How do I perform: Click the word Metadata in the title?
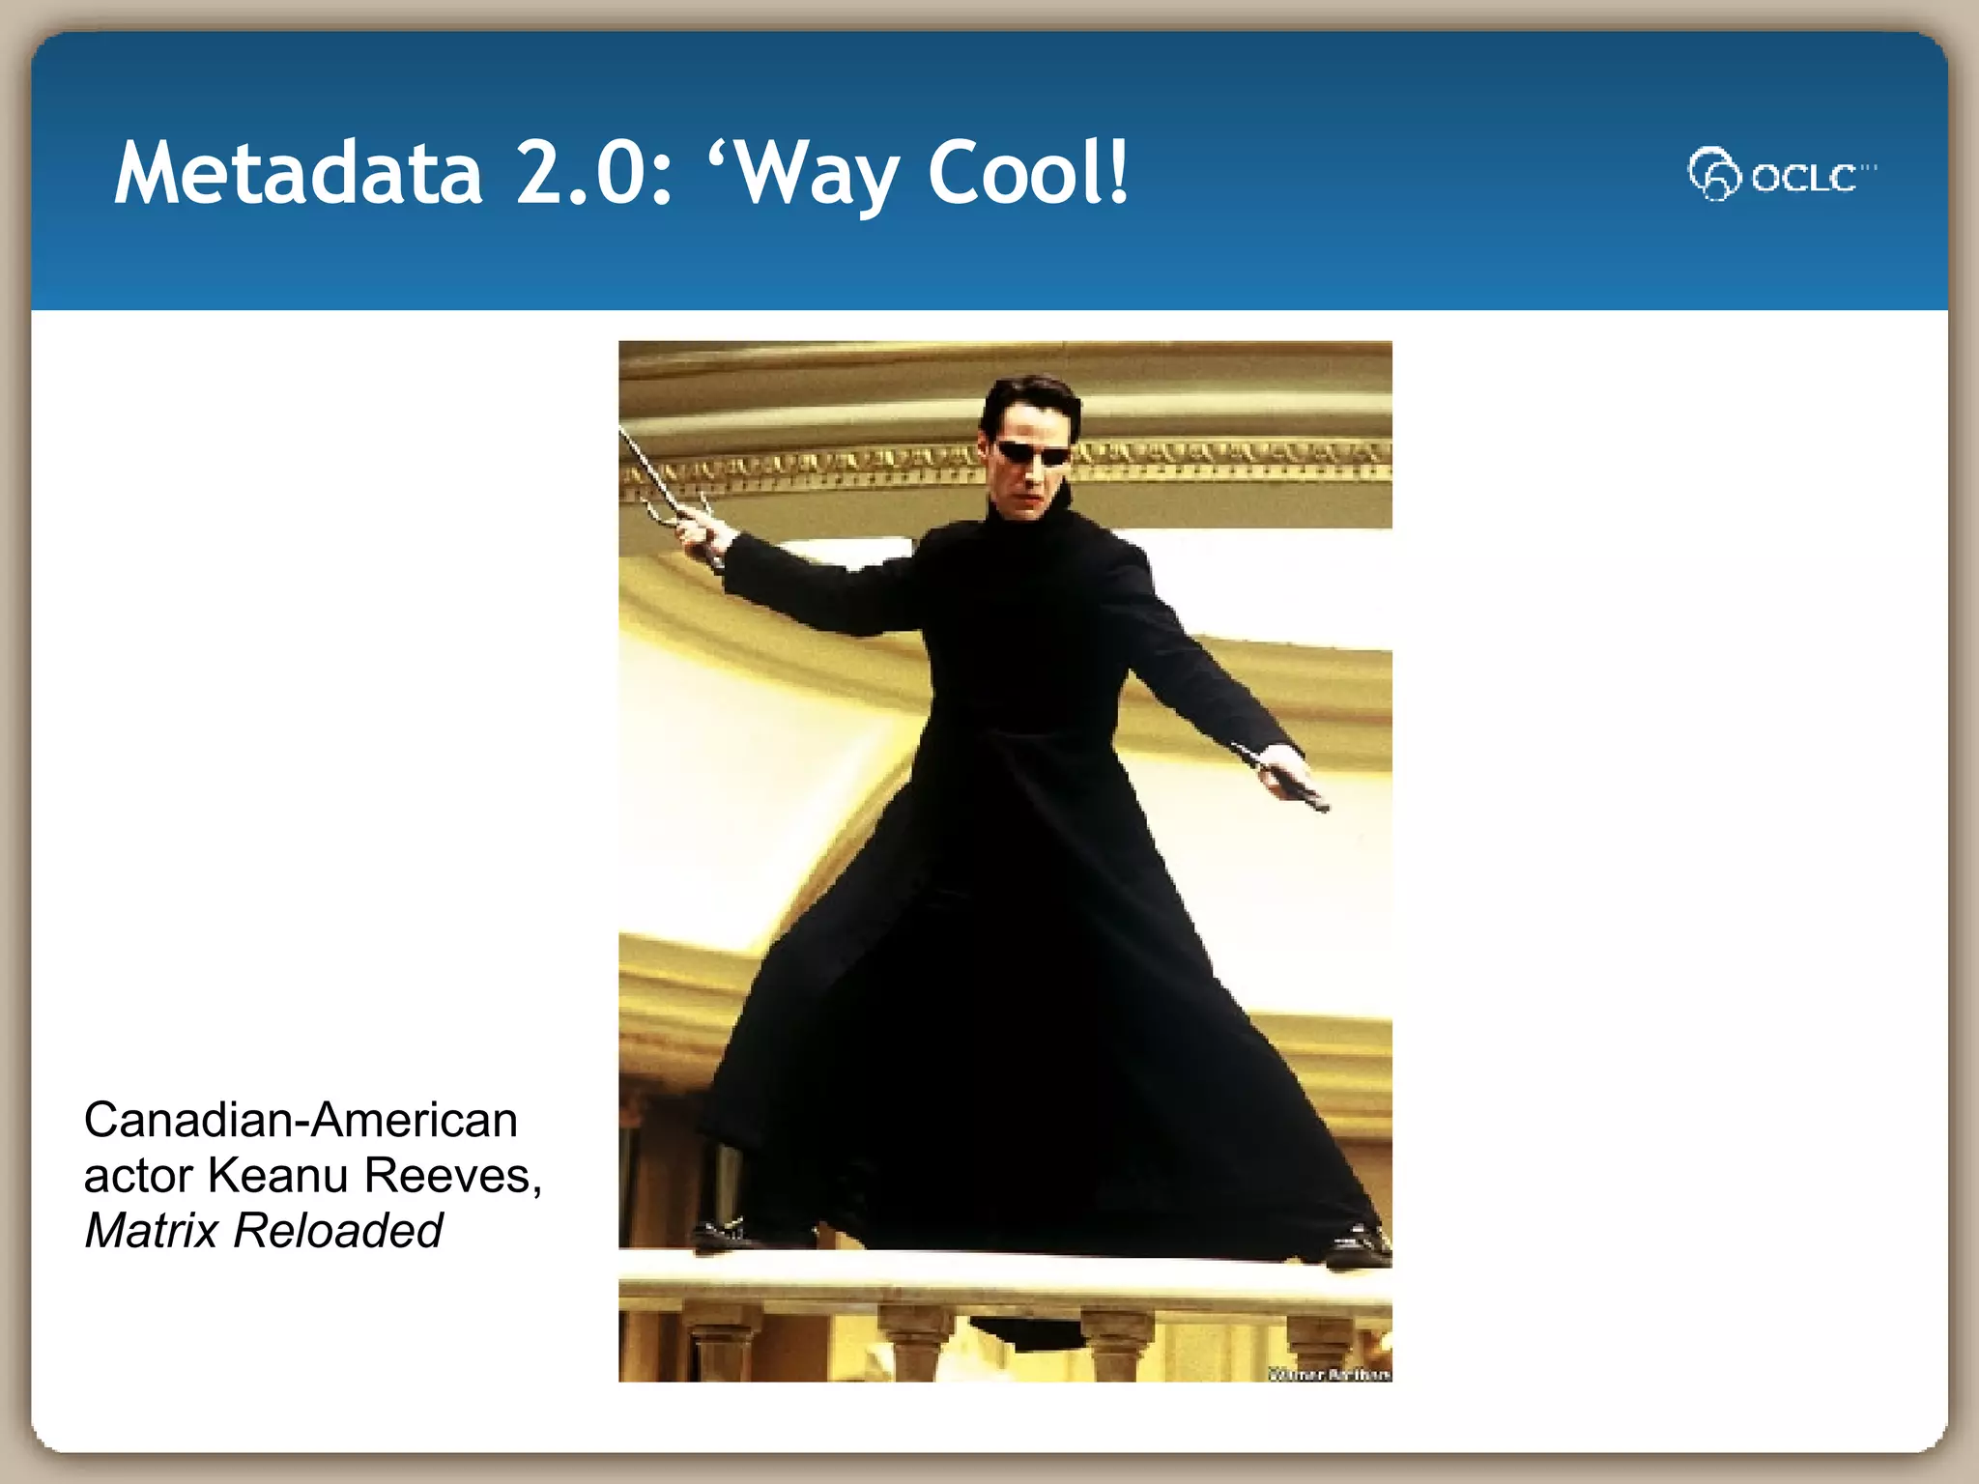click(x=298, y=173)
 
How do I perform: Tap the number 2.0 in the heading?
click(x=593, y=173)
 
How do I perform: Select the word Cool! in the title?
click(x=1028, y=173)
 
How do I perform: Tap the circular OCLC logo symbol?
click(x=1713, y=174)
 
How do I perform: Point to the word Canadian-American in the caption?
click(x=301, y=1121)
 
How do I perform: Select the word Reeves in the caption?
click(x=448, y=1176)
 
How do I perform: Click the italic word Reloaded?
click(x=337, y=1231)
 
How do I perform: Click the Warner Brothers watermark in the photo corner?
click(x=1330, y=1374)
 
